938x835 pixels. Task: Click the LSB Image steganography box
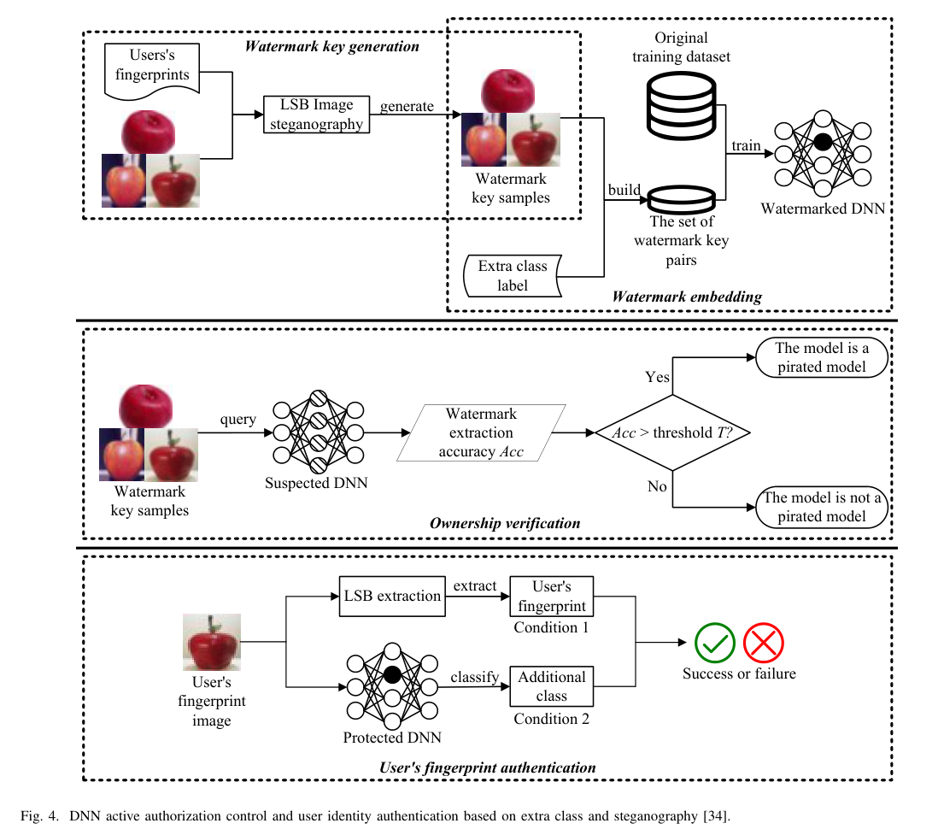pyautogui.click(x=317, y=115)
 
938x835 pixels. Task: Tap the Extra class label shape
pyautogui.click(x=513, y=275)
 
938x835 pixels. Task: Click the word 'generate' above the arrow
pyautogui.click(x=407, y=107)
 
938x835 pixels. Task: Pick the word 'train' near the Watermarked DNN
pyautogui.click(x=746, y=145)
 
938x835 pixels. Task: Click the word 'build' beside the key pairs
pyautogui.click(x=624, y=190)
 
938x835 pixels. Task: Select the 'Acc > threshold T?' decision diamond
pyautogui.click(x=672, y=432)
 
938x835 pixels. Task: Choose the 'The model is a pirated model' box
pyautogui.click(x=821, y=357)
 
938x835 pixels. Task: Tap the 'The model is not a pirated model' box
pyautogui.click(x=821, y=507)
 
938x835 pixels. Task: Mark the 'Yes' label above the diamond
pyautogui.click(x=657, y=377)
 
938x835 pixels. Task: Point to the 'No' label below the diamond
pyautogui.click(x=657, y=486)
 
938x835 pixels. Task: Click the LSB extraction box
pyautogui.click(x=391, y=596)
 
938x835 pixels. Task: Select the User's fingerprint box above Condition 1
pyautogui.click(x=551, y=597)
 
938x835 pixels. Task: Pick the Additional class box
pyautogui.click(x=551, y=686)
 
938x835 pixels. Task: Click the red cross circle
pyautogui.click(x=764, y=644)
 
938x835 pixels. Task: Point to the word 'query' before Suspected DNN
pyautogui.click(x=237, y=420)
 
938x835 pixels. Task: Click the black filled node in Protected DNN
pyautogui.click(x=392, y=673)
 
